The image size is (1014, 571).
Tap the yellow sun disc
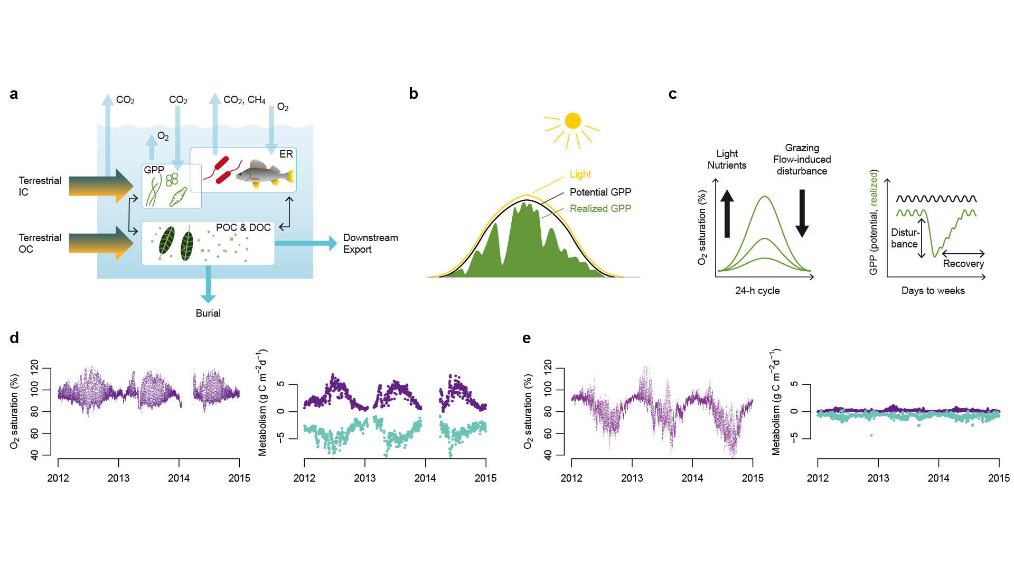[x=572, y=121]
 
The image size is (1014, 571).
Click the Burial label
[x=208, y=313]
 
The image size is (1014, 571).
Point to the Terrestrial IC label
[x=40, y=186]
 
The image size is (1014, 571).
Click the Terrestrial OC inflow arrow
[x=100, y=243]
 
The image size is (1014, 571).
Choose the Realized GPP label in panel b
[x=600, y=208]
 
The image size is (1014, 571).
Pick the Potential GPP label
[x=600, y=192]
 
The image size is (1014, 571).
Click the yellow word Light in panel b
[x=580, y=174]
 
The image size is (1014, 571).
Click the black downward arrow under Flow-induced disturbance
[x=802, y=213]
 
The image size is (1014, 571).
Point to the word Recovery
[x=963, y=263]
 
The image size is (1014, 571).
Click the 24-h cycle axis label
[x=757, y=290]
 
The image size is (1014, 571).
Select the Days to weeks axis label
[x=933, y=290]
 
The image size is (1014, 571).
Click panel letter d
[x=14, y=338]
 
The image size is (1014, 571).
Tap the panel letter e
[x=527, y=338]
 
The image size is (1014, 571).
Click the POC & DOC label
[x=243, y=227]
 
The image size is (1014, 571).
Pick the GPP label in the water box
[x=154, y=170]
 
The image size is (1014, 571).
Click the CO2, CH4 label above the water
[x=244, y=100]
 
